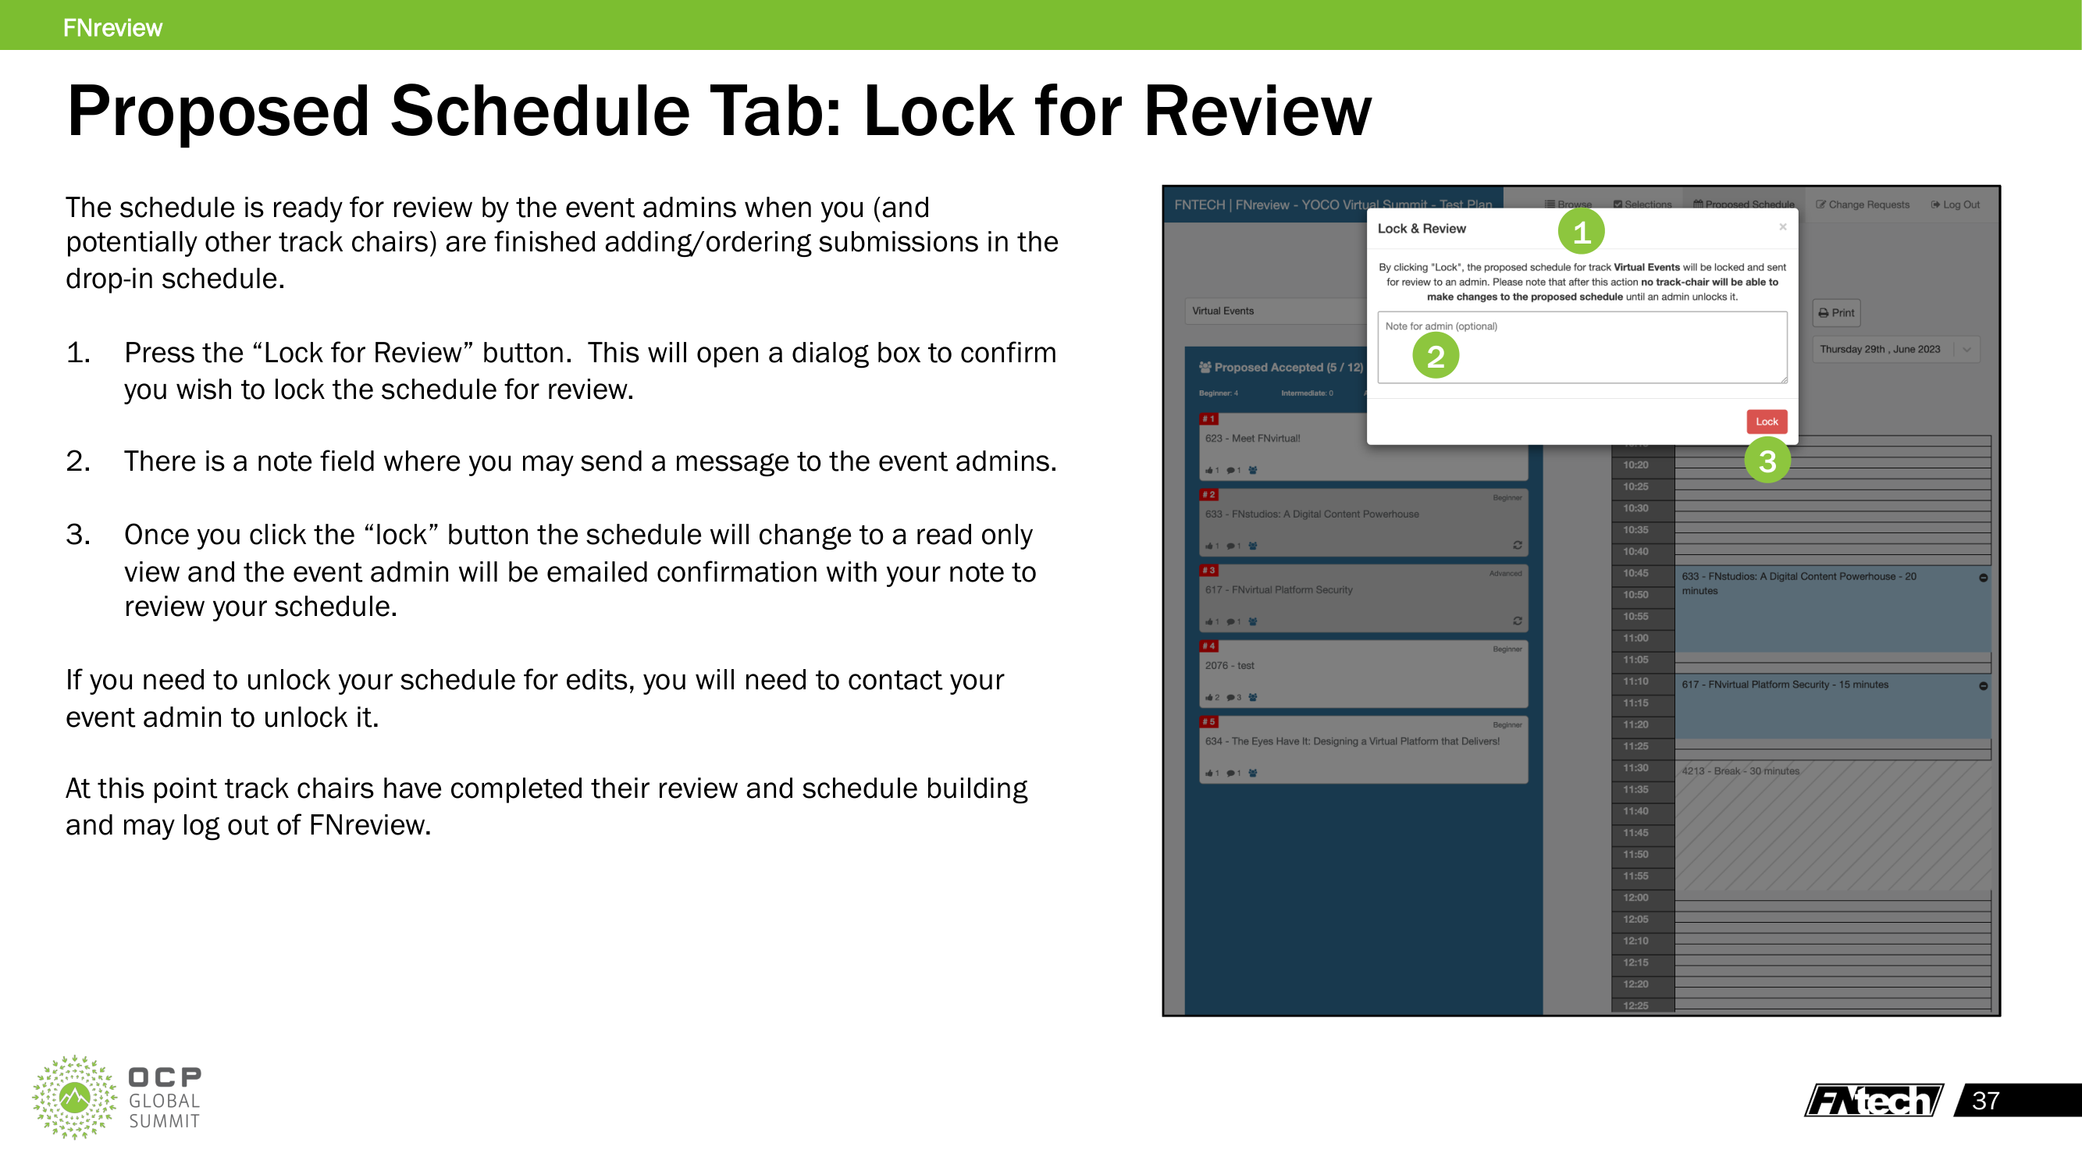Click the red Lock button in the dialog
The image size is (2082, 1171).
1766,421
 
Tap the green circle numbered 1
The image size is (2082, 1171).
1581,232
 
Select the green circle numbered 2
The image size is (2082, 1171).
1436,355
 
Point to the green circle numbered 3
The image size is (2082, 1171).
1767,461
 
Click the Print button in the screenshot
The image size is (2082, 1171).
1836,313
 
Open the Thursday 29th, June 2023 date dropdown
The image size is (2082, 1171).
1895,349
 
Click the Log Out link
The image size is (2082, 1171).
1955,205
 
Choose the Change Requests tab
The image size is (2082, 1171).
1862,205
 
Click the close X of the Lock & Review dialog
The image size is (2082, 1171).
1782,227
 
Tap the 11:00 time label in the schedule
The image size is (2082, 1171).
1635,639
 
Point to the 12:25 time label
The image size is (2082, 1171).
1635,1005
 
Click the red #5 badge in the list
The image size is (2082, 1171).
1208,721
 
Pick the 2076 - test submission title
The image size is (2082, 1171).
1230,666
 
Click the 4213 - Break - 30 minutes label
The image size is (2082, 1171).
1740,771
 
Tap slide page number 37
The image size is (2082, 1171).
1985,1101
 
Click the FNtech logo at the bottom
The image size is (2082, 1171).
1874,1101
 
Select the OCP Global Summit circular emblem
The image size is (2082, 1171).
74,1097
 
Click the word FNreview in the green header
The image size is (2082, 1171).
112,27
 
